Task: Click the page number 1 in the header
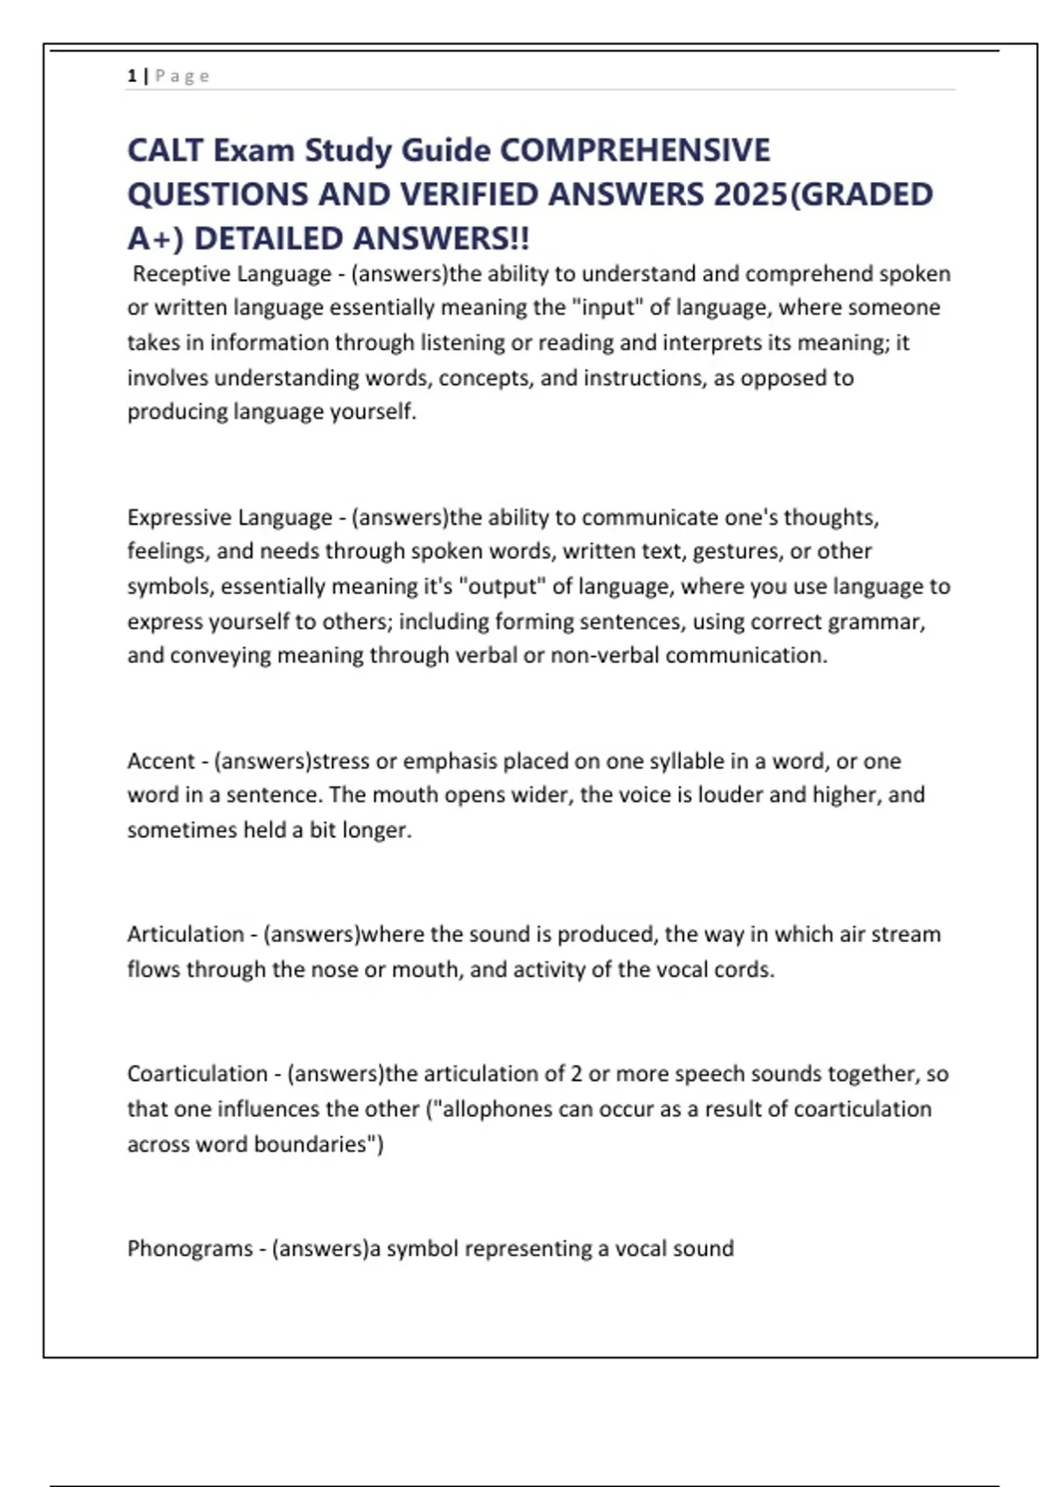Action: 131,76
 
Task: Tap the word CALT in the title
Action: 165,150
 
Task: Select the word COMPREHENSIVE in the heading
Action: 634,150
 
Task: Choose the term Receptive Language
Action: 232,274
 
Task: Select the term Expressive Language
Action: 229,517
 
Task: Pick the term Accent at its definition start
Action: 161,761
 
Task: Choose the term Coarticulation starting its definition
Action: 198,1074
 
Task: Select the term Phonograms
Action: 190,1248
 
